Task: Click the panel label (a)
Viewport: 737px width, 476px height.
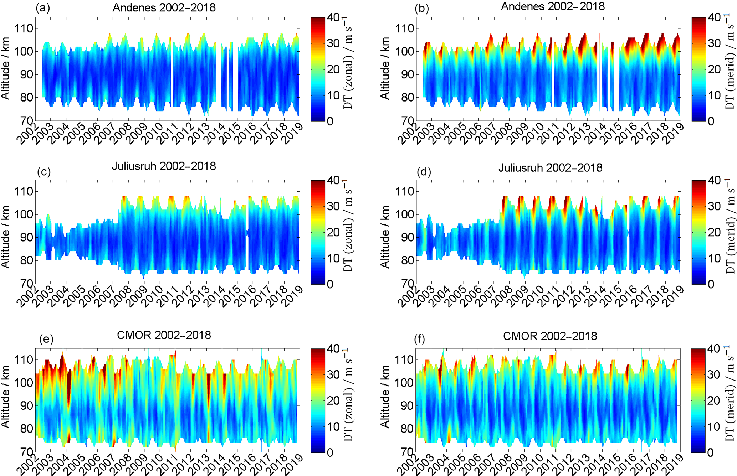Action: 43,8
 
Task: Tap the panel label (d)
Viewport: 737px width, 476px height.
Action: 424,172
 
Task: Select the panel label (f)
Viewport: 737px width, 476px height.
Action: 420,339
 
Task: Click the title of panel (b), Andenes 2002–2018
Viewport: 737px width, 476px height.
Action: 553,6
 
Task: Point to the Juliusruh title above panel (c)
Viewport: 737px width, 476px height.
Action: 164,166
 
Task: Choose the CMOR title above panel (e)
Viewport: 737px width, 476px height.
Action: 164,335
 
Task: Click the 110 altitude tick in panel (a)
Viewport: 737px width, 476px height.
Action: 24,29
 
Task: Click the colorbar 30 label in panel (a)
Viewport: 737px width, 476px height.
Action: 333,43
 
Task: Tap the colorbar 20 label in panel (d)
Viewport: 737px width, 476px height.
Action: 714,232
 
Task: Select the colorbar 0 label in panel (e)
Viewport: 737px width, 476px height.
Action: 330,452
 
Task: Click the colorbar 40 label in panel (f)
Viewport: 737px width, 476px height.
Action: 714,349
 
